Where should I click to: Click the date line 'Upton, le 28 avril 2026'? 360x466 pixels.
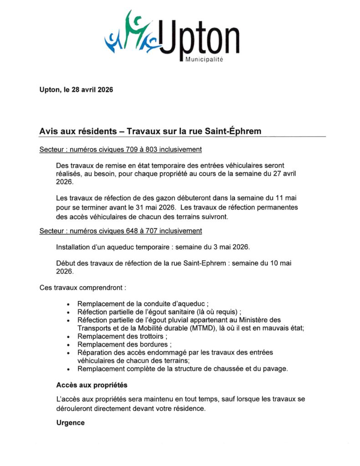click(x=76, y=90)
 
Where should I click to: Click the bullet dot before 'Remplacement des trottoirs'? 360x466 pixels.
click(x=68, y=337)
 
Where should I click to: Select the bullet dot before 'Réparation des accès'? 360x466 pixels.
click(x=68, y=353)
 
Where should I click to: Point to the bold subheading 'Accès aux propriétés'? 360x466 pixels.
click(x=91, y=385)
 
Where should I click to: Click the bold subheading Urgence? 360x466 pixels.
click(x=71, y=422)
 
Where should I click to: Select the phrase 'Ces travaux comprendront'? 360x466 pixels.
click(x=81, y=288)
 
